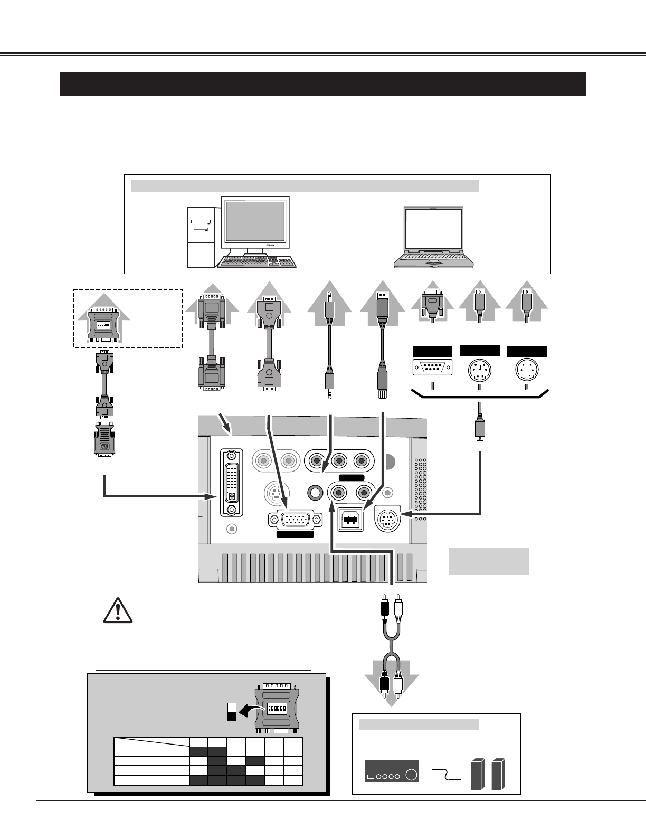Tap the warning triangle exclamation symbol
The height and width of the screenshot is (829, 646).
tap(118, 610)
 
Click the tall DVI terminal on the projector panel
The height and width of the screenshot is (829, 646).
tap(231, 483)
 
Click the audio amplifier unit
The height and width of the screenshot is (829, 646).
tap(392, 771)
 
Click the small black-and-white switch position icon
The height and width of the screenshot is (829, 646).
tap(231, 711)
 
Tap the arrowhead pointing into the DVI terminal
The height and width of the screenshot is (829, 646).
tap(213, 496)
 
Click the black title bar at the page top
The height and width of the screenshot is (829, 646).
tap(322, 83)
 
